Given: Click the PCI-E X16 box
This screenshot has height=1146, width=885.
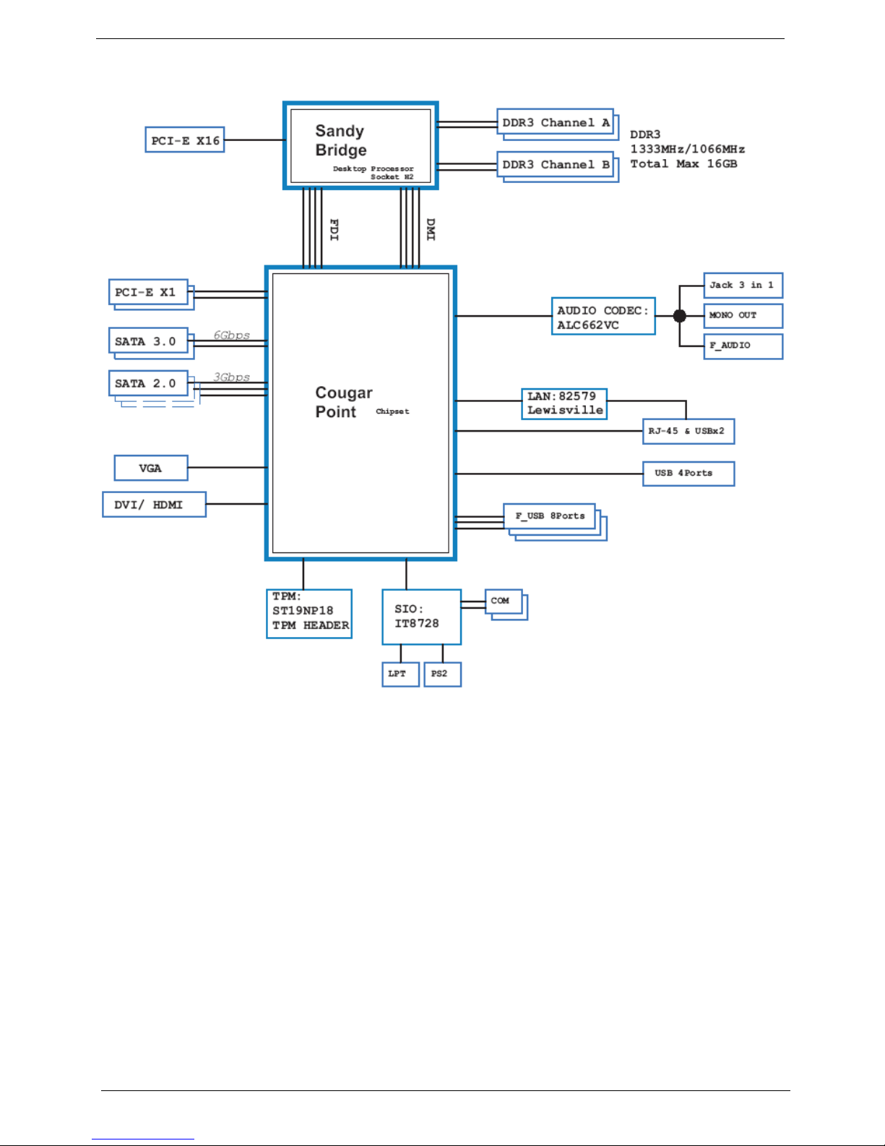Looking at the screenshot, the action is click(185, 140).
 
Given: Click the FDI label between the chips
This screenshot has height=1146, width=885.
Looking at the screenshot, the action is click(334, 229).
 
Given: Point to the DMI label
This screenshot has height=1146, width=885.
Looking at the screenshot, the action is click(431, 229).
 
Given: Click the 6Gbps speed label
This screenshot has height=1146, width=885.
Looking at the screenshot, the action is click(231, 335).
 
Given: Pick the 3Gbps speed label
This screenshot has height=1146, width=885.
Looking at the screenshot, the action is click(231, 377).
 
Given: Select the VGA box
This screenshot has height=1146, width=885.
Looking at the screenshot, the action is click(151, 468).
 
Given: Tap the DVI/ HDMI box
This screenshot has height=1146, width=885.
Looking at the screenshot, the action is click(155, 505).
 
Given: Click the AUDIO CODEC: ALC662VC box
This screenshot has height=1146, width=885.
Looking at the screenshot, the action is click(604, 316).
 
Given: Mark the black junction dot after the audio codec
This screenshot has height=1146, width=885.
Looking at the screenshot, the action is click(680, 316).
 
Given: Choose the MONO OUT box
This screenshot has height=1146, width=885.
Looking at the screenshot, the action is click(743, 315).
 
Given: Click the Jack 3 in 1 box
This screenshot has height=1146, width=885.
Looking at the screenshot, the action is click(743, 286).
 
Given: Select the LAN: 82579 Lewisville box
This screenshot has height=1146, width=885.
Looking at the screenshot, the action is click(564, 404).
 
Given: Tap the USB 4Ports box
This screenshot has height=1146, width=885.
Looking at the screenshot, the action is click(688, 474).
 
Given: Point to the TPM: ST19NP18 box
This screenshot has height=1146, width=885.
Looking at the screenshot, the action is click(309, 614).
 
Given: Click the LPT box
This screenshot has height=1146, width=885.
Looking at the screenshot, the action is click(401, 675).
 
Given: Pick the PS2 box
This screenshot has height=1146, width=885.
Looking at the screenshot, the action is click(442, 675).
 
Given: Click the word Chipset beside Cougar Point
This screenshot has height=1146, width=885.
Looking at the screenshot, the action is click(392, 411).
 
